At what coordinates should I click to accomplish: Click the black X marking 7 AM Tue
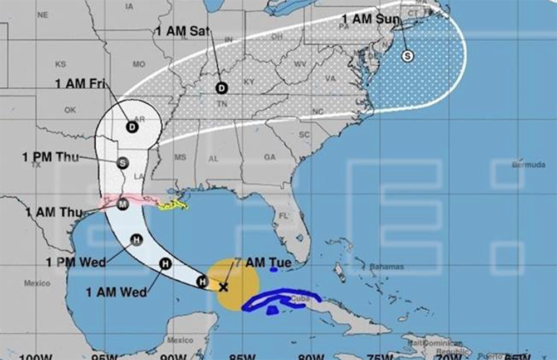(x=223, y=288)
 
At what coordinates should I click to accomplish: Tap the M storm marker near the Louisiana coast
(x=123, y=205)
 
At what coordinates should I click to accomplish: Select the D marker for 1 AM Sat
(x=222, y=88)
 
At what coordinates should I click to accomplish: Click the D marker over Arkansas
(x=132, y=127)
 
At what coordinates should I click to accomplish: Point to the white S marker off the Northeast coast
(x=408, y=56)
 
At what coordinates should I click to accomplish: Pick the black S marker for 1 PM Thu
(x=123, y=163)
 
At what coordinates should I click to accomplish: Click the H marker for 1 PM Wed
(x=136, y=240)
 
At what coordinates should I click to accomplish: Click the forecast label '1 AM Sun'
(x=370, y=20)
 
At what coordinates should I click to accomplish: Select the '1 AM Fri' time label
(x=81, y=84)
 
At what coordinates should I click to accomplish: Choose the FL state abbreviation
(x=284, y=216)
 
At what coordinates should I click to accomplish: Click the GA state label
(x=270, y=158)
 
